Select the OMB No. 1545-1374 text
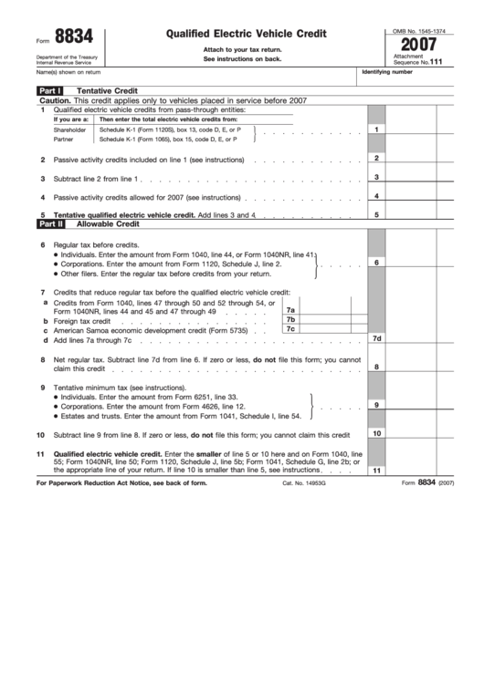coord(419,30)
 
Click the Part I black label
coord(49,91)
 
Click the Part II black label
coord(50,222)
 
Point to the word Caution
coord(55,100)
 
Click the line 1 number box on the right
coord(376,129)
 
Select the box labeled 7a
coord(291,310)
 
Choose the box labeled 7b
coord(291,320)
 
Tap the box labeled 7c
coord(291,330)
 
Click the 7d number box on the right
coord(376,339)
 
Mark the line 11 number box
coord(376,471)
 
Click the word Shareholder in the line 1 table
coord(69,129)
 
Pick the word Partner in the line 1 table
coord(64,140)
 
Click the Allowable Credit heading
coord(108,222)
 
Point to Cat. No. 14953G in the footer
coord(303,483)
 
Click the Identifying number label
coord(388,71)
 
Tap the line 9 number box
coord(376,404)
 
